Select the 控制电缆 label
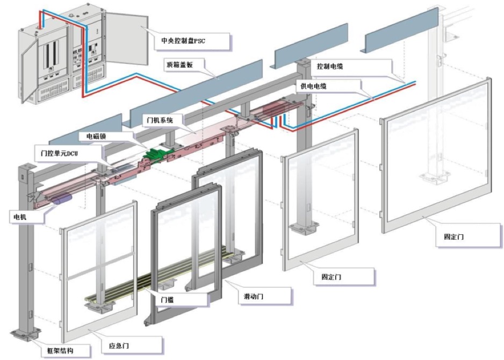click(x=329, y=67)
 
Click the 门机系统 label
click(x=160, y=119)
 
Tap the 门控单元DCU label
click(x=60, y=153)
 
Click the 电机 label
click(x=20, y=217)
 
